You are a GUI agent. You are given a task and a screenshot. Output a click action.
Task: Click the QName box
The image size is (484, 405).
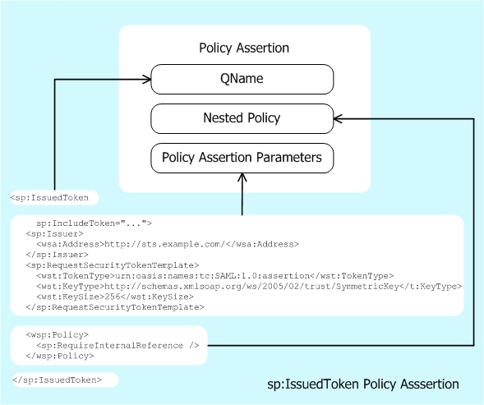[242, 80]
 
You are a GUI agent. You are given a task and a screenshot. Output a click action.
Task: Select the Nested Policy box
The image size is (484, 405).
[242, 118]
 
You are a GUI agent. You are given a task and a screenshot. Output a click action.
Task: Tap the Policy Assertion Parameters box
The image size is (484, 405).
[242, 157]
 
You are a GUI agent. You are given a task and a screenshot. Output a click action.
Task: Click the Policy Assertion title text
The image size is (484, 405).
[244, 48]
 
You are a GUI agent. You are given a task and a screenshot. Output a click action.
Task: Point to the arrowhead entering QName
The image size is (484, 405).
[147, 80]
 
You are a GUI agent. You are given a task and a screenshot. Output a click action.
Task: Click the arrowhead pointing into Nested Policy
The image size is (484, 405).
[338, 118]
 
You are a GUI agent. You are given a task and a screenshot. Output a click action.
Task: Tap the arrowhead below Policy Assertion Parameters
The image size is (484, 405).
[242, 178]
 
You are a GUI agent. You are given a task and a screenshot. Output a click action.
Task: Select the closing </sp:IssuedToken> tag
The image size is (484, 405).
[58, 380]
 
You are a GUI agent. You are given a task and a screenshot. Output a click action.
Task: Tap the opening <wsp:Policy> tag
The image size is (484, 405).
[53, 335]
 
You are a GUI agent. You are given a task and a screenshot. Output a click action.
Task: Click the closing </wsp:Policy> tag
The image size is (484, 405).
[55, 357]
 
